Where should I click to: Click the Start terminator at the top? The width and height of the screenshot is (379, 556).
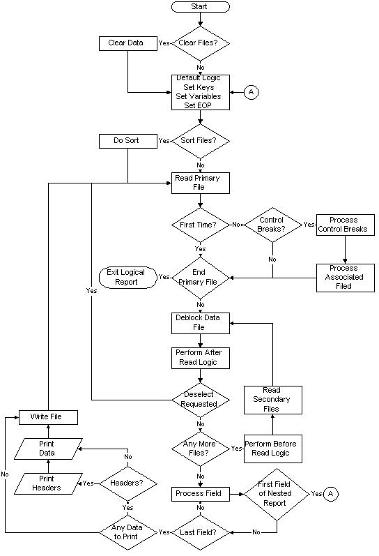(x=200, y=6)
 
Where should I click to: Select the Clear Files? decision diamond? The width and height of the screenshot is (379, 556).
(x=200, y=43)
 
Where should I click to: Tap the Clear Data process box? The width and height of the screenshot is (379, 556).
(x=126, y=43)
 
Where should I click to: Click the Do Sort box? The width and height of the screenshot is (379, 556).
(x=126, y=140)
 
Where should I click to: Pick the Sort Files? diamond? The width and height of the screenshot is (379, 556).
(x=200, y=140)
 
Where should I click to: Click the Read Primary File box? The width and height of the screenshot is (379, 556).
(x=200, y=183)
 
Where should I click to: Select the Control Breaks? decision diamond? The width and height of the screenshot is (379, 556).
(x=272, y=225)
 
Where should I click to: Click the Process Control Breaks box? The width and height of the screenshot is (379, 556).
(x=344, y=225)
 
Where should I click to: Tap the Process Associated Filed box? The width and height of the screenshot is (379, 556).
(x=344, y=277)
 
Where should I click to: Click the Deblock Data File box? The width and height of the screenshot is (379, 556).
(x=200, y=322)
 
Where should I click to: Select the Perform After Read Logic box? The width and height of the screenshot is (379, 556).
(x=200, y=358)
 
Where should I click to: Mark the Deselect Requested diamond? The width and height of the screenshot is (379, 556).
(x=200, y=399)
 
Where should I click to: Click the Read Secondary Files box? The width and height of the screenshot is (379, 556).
(x=272, y=399)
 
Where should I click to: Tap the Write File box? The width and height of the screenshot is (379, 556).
(x=47, y=416)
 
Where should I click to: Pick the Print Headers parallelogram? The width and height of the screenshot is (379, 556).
(x=47, y=482)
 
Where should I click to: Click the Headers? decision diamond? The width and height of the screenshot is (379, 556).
(x=128, y=482)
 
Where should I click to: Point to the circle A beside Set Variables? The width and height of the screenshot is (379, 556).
(x=252, y=92)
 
